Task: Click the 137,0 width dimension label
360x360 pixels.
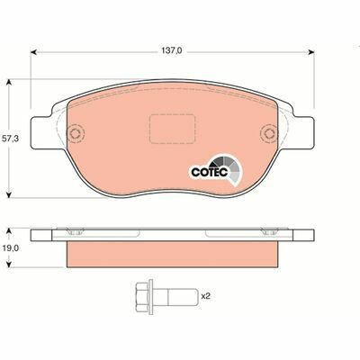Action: coord(173,51)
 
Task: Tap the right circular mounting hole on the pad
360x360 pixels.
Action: coord(267,136)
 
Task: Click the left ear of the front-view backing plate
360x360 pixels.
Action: coord(41,135)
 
